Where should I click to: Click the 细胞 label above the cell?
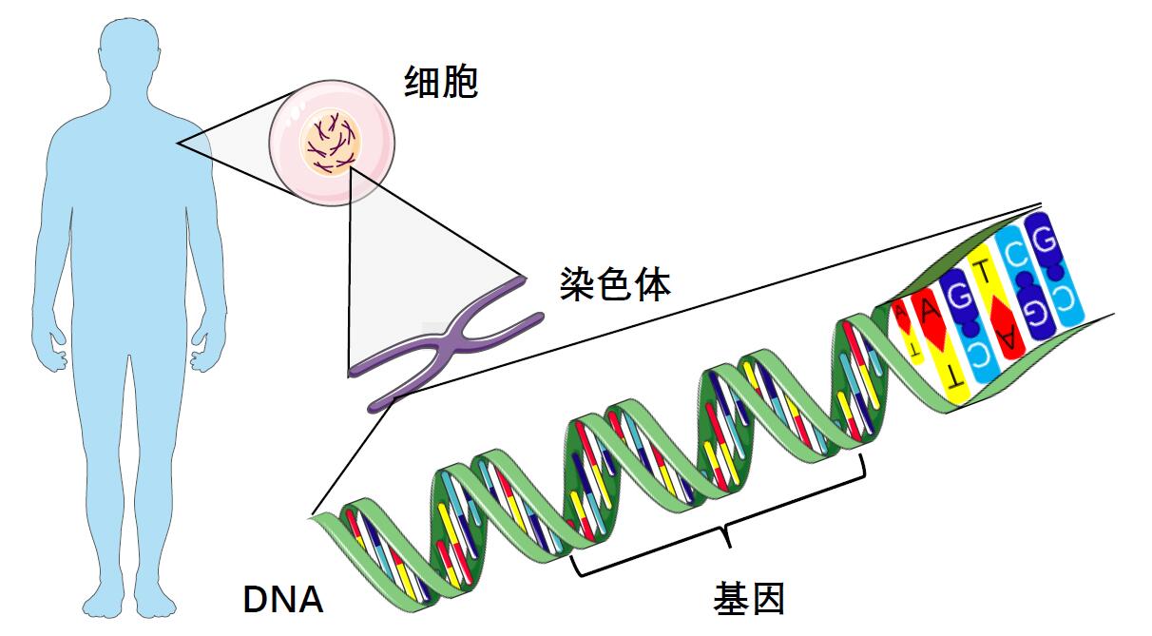coord(440,84)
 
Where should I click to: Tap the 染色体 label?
coord(616,283)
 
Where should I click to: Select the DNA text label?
coord(283,600)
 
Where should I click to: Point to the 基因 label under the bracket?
coord(750,600)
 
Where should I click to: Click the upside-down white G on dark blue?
coord(1030,311)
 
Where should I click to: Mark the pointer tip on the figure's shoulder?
coord(177,144)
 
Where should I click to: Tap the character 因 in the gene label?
coord(768,600)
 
